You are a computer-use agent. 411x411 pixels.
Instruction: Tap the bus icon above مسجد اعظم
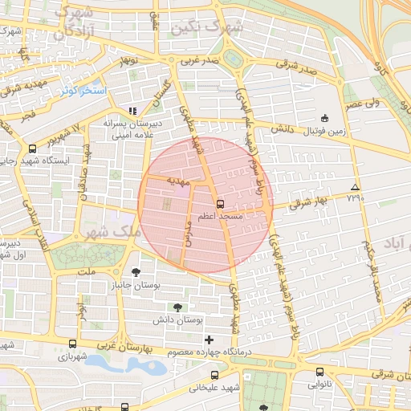(x=221, y=204)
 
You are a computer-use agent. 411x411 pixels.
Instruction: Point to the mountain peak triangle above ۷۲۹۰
(x=355, y=187)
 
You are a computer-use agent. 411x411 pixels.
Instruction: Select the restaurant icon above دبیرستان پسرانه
(x=133, y=111)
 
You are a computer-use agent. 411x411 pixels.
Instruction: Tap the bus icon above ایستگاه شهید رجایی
(x=32, y=148)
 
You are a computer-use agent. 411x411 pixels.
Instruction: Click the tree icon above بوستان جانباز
(x=136, y=271)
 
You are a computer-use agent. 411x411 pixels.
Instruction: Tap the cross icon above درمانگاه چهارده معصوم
(x=210, y=340)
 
